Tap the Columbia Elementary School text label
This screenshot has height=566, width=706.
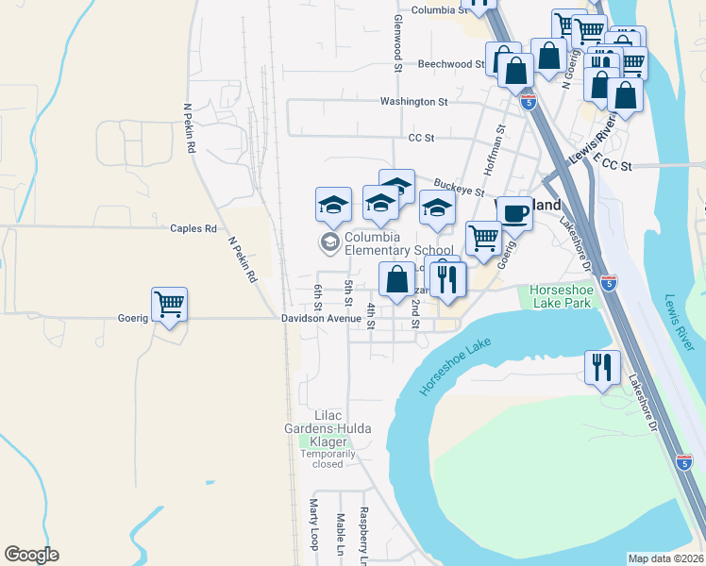point(386,243)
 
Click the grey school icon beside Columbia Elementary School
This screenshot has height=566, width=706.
point(329,243)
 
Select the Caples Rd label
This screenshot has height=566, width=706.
point(193,228)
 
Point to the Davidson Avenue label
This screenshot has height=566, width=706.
point(321,319)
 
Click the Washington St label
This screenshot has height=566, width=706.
point(413,101)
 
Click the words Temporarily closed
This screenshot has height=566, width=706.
point(328,458)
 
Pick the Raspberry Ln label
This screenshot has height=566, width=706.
point(362,536)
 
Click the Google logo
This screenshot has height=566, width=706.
point(31,555)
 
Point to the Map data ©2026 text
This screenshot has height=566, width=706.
point(666,558)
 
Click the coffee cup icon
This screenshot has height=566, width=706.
point(514,214)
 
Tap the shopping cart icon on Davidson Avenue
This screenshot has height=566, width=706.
point(170,305)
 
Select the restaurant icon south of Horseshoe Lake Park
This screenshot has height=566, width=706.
point(601,366)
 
